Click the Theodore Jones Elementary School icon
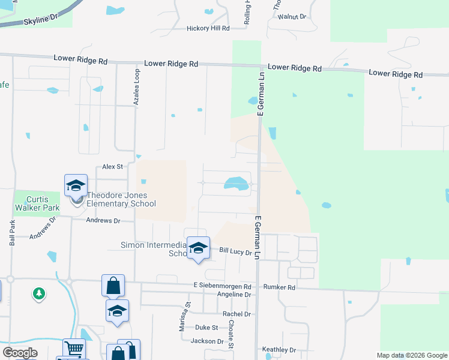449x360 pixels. click(76, 186)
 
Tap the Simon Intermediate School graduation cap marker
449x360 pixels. click(198, 247)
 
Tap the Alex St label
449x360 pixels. click(112, 166)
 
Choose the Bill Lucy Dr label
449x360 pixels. click(235, 252)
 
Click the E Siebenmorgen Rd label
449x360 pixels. click(222, 287)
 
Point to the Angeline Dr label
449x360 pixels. click(234, 295)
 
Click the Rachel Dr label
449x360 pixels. click(237, 314)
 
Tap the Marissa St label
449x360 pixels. click(188, 314)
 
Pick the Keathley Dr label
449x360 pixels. click(279, 350)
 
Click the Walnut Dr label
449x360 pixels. click(292, 17)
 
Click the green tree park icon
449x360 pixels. click(39, 293)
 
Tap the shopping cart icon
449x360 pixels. click(74, 348)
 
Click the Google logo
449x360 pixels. click(20, 353)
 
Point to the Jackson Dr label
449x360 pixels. click(207, 341)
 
